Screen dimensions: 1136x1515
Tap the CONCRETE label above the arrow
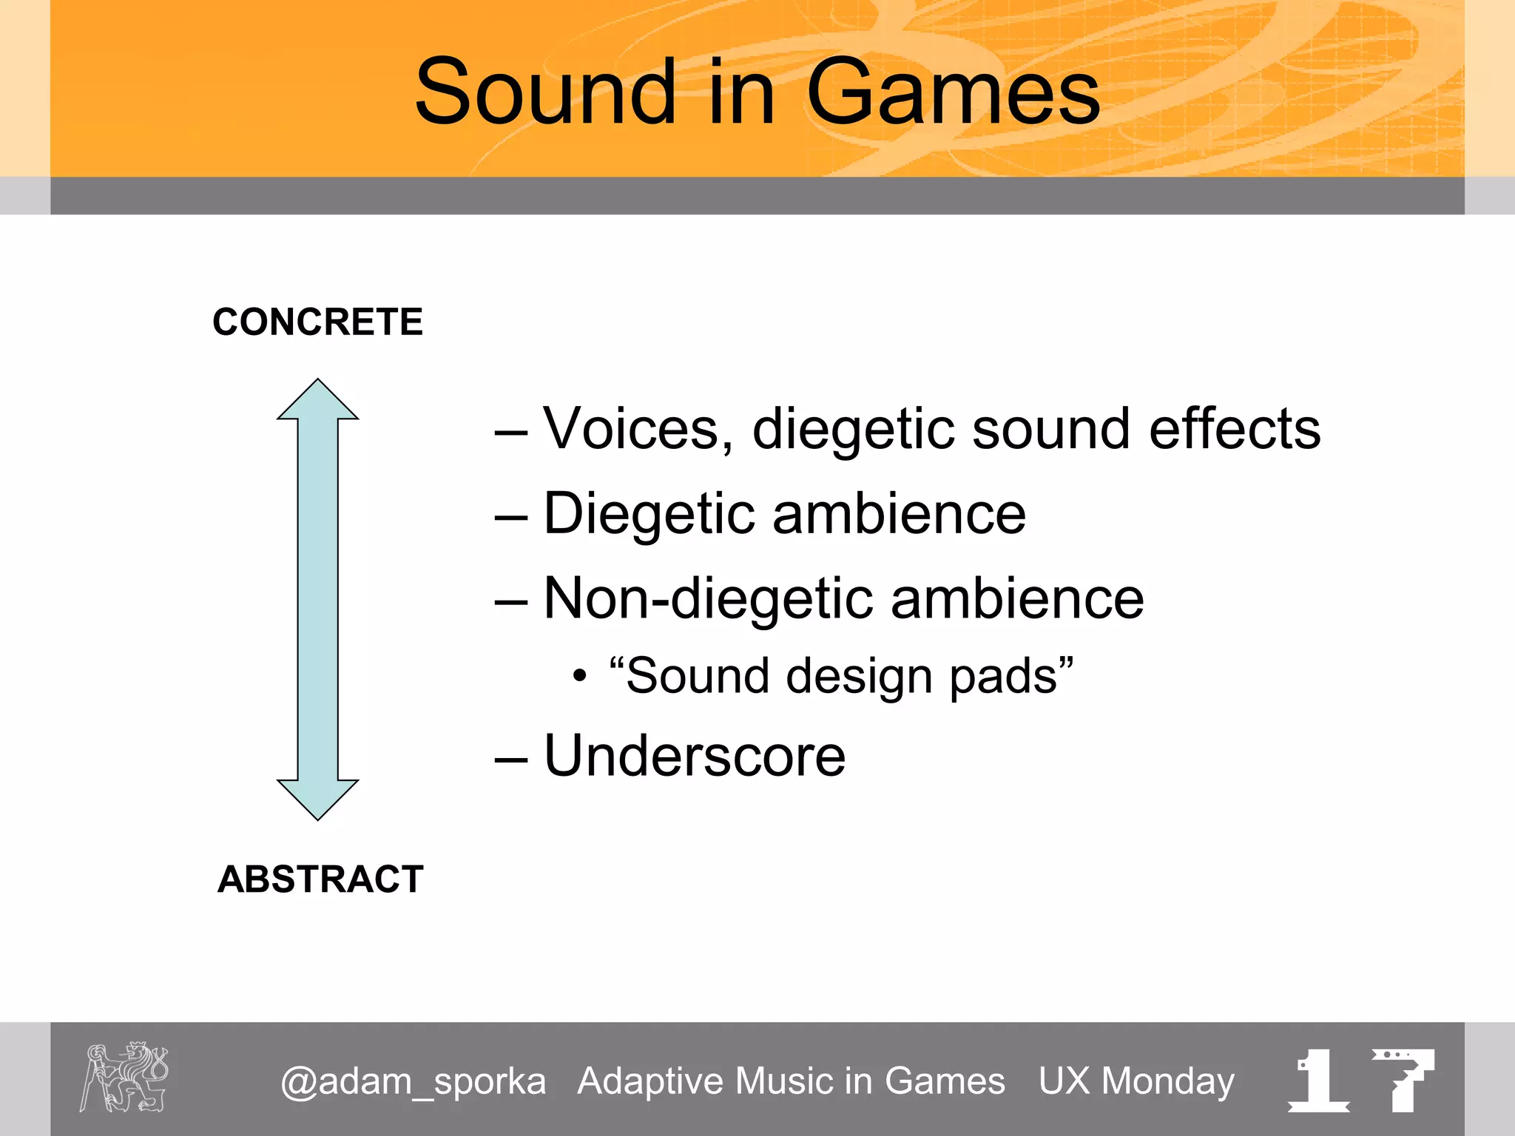[317, 322]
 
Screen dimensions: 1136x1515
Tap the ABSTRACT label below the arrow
[320, 879]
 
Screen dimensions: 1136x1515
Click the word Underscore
[694, 756]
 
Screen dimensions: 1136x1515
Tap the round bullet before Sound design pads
[580, 676]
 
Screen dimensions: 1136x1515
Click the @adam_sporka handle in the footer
[413, 1082]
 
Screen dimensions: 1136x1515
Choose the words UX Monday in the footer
[1136, 1081]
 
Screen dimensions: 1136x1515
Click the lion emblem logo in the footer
[124, 1077]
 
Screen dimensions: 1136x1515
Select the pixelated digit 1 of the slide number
[1318, 1080]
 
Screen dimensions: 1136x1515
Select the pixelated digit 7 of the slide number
[1403, 1080]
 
